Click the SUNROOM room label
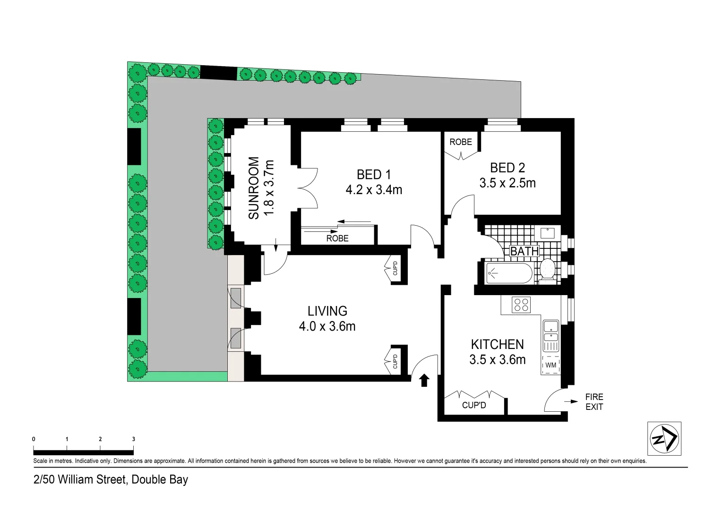pyautogui.click(x=254, y=188)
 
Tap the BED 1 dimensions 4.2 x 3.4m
pyautogui.click(x=374, y=190)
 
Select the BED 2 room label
pyautogui.click(x=507, y=168)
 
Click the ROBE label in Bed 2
pyautogui.click(x=460, y=142)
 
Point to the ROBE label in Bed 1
pyautogui.click(x=337, y=238)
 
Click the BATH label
pyautogui.click(x=524, y=251)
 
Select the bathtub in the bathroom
pyautogui.click(x=509, y=273)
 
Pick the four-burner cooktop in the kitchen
pyautogui.click(x=521, y=305)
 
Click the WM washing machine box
pyautogui.click(x=550, y=365)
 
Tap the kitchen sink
pyautogui.click(x=550, y=331)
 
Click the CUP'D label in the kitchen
pyautogui.click(x=474, y=405)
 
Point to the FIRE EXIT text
pyautogui.click(x=594, y=402)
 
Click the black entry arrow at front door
pyautogui.click(x=424, y=380)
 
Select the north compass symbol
pyautogui.click(x=664, y=439)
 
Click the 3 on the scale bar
pyautogui.click(x=133, y=439)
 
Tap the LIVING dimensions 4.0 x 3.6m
pyautogui.click(x=327, y=326)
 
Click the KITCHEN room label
pyautogui.click(x=497, y=344)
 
